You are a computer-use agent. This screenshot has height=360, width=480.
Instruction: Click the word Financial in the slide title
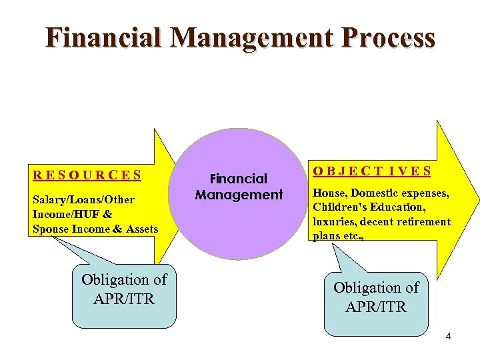coord(93,38)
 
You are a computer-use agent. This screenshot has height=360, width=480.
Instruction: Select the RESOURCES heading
coord(87,176)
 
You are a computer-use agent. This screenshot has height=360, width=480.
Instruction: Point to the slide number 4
coord(448,337)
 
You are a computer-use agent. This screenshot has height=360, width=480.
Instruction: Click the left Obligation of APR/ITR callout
coord(124,289)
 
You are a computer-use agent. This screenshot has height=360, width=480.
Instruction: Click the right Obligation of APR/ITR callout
coord(376,297)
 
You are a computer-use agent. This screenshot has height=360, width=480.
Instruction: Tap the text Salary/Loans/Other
coord(83,200)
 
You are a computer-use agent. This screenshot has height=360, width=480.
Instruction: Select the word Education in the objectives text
coord(398,207)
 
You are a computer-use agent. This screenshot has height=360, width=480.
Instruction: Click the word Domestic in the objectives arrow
coord(375,193)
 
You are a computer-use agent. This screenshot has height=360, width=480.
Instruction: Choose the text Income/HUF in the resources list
coord(63,215)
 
